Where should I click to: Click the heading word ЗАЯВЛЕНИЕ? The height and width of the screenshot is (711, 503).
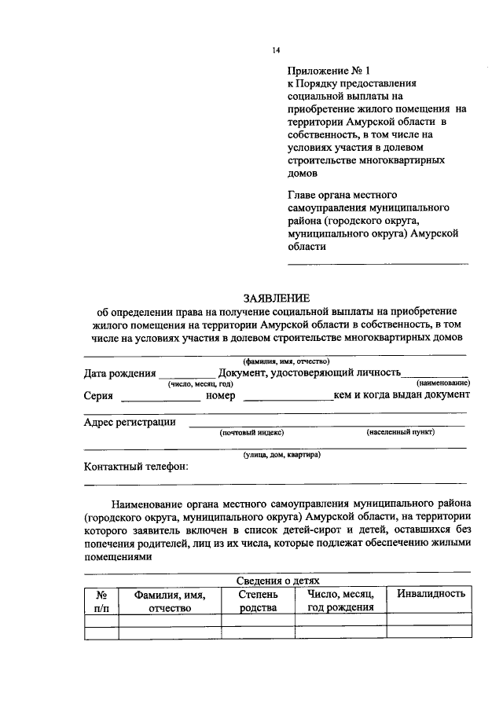tap(277, 297)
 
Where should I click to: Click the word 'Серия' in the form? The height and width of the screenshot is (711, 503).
tap(98, 395)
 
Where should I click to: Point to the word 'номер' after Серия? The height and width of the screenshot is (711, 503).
tap(221, 395)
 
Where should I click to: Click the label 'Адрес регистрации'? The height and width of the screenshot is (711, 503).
tap(129, 422)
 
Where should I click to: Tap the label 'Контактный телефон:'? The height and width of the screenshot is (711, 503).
tap(135, 467)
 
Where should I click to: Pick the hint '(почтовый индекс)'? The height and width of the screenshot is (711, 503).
tap(251, 432)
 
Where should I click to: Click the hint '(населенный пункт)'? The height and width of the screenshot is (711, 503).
tap(400, 432)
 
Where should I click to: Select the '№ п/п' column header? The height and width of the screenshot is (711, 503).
tap(101, 602)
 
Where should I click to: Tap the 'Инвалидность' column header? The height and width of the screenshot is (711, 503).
tap(431, 594)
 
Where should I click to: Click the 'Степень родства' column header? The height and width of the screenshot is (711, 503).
tap(258, 602)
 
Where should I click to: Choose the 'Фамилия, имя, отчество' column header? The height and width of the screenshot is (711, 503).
tap(170, 602)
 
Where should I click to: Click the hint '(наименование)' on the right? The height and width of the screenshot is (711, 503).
tap(442, 383)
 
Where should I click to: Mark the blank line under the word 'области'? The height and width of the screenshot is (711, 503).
tap(378, 263)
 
